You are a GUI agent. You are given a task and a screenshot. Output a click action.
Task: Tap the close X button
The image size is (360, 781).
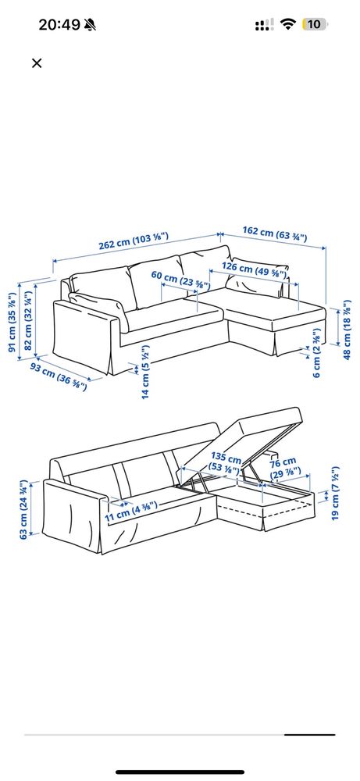[37, 63]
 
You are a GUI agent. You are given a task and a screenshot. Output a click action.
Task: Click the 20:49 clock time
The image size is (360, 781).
[59, 24]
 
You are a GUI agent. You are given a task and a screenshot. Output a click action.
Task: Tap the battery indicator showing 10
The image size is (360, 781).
[314, 24]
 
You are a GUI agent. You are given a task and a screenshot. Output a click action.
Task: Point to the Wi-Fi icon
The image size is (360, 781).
[288, 24]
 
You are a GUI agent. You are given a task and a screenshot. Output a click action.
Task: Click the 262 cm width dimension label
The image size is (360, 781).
[133, 244]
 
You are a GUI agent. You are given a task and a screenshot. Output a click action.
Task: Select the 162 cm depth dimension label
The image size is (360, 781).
[274, 232]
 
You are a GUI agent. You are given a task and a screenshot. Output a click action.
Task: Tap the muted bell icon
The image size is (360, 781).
[92, 25]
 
